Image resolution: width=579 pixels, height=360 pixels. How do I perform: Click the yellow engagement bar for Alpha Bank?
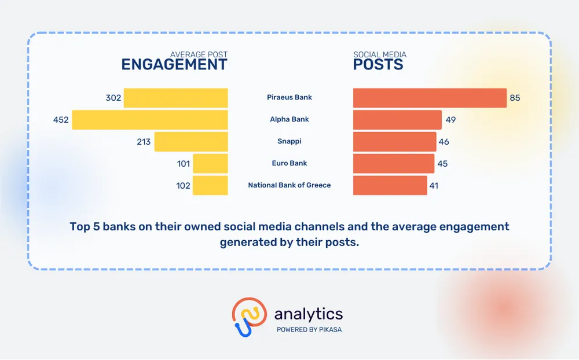coord(149,120)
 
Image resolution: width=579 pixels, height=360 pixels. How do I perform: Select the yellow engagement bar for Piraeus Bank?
coord(176,98)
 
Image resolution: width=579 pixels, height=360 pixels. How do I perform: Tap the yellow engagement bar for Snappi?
coord(191,142)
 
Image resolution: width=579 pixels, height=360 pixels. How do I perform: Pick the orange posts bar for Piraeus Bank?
coord(430,98)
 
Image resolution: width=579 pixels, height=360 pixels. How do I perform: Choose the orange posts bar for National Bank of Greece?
coord(390,185)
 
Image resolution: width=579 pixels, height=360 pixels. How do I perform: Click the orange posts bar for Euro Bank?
coord(394,164)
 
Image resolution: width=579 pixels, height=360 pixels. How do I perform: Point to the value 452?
coord(61,120)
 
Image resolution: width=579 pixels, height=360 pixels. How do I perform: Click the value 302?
coord(113,98)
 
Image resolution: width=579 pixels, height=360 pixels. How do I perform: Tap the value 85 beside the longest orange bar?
coord(515,98)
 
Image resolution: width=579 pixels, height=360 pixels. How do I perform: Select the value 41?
coord(434,186)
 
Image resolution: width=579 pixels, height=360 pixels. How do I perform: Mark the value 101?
coord(183,164)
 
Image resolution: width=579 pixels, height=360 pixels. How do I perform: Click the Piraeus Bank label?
coord(289,97)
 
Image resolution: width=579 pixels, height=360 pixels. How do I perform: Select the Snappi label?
coord(289,141)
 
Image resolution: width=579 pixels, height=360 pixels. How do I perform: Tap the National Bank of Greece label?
coord(289,185)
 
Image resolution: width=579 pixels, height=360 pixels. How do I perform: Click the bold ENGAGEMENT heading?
coord(174,65)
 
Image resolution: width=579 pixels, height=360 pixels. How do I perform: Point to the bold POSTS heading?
coord(378,65)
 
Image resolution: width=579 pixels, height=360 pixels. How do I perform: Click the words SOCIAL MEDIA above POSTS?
coord(380,54)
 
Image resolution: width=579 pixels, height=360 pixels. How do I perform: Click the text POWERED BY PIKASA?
coord(309,330)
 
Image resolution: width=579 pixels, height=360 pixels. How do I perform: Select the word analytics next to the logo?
coord(309,314)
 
